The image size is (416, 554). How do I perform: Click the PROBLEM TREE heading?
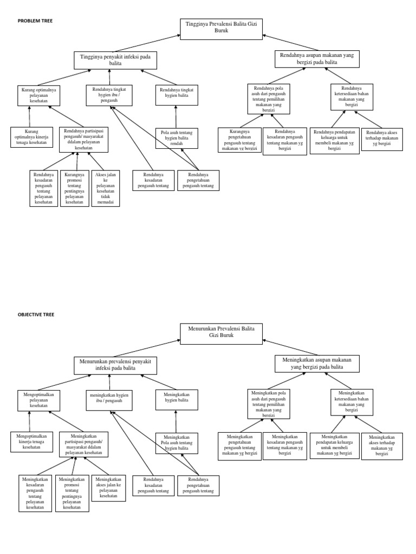35,21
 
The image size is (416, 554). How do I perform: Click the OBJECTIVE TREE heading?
36,314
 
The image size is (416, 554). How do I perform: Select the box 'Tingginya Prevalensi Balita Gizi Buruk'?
222,28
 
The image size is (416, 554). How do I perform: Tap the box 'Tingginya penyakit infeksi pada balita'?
115,60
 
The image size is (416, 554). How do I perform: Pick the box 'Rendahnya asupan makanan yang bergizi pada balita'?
317,59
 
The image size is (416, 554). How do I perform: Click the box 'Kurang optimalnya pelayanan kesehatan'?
38,95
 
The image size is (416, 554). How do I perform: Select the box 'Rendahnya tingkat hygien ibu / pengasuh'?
109,95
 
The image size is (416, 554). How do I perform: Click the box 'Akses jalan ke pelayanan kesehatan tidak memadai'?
106,188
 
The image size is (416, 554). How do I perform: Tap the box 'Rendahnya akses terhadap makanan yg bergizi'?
382,139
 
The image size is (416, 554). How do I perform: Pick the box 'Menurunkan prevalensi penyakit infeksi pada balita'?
115,364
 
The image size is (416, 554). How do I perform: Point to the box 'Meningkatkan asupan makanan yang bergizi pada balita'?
317,363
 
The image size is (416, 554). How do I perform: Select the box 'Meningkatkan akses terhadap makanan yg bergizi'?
382,445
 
